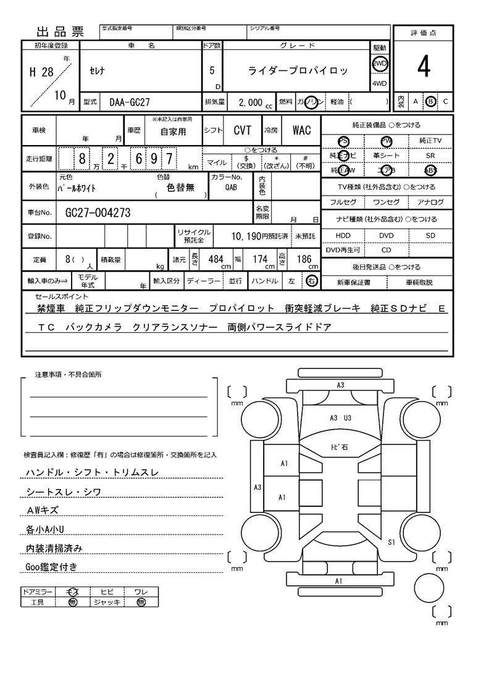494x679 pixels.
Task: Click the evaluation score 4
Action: (423, 68)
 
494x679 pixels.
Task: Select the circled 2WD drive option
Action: (379, 64)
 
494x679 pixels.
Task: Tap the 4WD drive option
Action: (379, 83)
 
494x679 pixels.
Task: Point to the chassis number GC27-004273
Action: (98, 213)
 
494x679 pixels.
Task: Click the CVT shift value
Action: (242, 130)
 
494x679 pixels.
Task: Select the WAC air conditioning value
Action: (301, 130)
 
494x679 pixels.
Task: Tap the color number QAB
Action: (230, 188)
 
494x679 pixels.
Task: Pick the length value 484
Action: (216, 259)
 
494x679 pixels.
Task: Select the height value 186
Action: (304, 259)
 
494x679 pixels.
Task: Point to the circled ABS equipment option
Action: (430, 171)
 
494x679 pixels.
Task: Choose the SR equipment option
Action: (430, 156)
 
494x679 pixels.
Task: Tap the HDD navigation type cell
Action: (343, 236)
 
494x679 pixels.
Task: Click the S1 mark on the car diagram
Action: (391, 543)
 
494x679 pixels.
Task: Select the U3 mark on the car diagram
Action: (348, 418)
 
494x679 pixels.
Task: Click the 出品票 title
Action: (61, 32)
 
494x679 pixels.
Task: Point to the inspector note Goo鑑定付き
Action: (51, 567)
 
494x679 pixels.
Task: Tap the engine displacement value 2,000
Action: (251, 102)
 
